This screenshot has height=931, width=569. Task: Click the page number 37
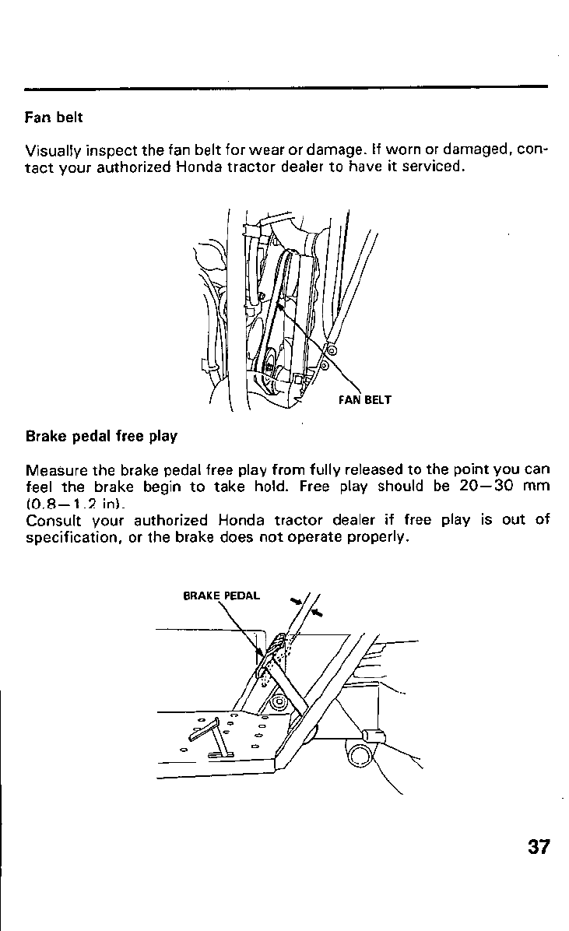[x=538, y=847]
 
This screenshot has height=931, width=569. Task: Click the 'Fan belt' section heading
[x=54, y=118]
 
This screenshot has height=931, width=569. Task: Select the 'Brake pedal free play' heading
[x=101, y=436]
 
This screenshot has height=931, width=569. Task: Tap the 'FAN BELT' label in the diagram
[x=364, y=401]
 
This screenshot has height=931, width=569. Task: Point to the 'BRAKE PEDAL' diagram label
[x=221, y=596]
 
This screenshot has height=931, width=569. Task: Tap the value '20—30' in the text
[x=482, y=487]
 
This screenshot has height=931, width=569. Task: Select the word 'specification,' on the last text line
[x=72, y=537]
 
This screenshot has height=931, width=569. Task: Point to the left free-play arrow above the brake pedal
[x=296, y=601]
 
